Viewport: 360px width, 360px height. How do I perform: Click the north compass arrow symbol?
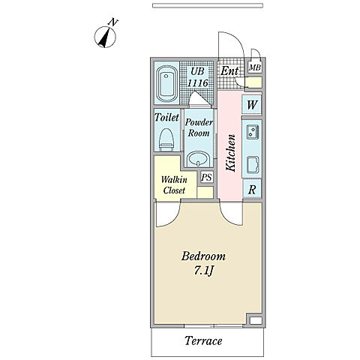click(105, 37)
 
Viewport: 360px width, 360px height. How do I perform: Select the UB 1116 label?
click(197, 77)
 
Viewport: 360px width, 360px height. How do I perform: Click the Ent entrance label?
click(229, 71)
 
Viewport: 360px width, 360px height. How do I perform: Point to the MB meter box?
click(255, 67)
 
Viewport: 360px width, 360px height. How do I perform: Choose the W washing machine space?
click(252, 105)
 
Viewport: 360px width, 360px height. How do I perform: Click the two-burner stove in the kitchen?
click(253, 132)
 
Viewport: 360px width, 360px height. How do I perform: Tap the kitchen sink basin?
click(253, 165)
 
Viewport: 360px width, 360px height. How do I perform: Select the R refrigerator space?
click(252, 190)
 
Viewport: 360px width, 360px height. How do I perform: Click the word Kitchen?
click(230, 153)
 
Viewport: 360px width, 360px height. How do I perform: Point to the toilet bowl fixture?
click(166, 140)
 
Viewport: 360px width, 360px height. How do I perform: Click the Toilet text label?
click(166, 117)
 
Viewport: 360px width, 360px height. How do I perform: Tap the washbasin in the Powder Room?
click(199, 159)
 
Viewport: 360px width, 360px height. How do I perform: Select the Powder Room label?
click(199, 127)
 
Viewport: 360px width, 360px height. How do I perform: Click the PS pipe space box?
click(207, 178)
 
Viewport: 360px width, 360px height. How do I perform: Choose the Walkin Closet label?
click(174, 185)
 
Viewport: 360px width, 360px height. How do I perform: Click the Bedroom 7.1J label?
click(203, 263)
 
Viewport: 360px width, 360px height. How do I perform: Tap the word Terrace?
click(203, 340)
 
